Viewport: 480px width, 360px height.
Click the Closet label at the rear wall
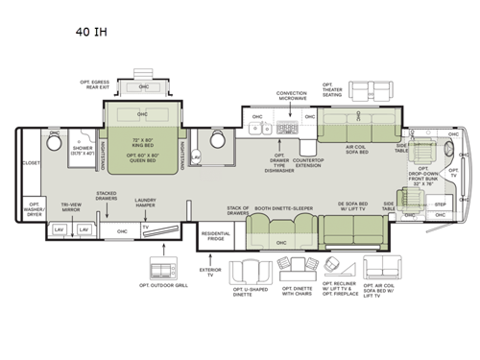(x=30, y=164)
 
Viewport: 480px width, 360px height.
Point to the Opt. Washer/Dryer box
(x=34, y=207)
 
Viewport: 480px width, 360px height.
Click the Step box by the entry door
(x=441, y=204)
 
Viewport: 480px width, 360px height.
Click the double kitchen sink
(x=285, y=127)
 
